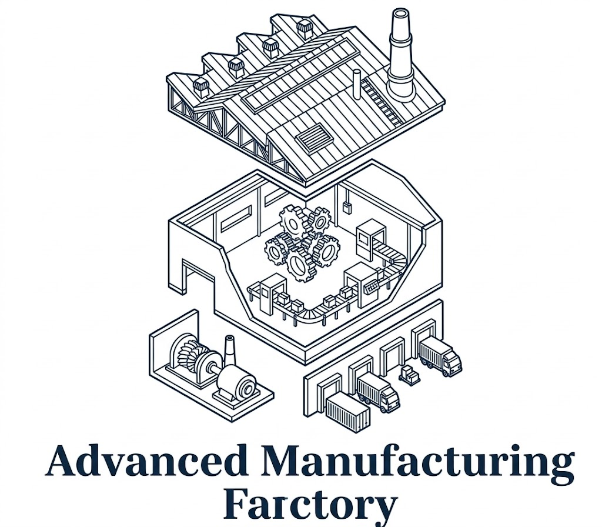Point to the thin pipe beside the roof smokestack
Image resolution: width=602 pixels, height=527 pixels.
(x=357, y=81)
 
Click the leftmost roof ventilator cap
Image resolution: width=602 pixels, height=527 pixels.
(x=200, y=87)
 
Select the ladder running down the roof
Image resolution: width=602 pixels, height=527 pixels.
(x=383, y=101)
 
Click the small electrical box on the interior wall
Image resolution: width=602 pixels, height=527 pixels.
(x=347, y=206)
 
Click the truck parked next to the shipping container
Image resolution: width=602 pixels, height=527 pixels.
(x=378, y=392)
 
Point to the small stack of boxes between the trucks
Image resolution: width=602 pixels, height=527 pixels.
(x=408, y=374)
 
